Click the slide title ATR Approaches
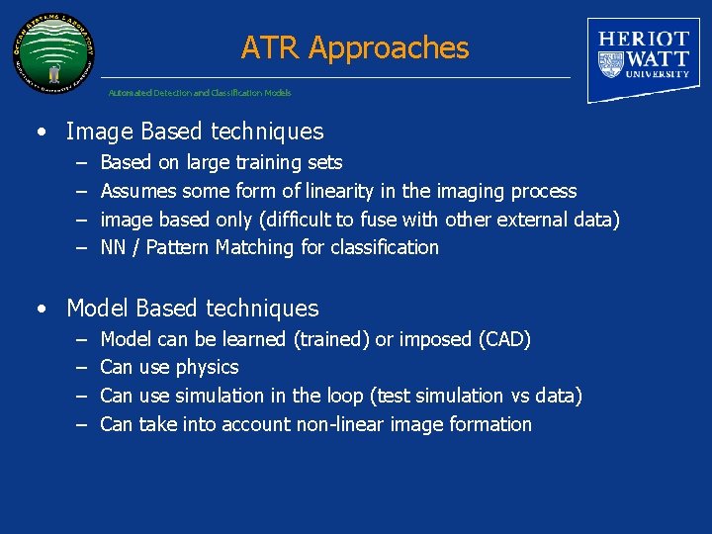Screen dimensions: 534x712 tap(355, 47)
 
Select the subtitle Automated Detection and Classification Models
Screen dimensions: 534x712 tap(200, 93)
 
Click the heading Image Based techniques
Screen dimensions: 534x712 tap(195, 132)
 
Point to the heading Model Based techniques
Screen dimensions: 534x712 tap(192, 309)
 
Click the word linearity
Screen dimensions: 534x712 tap(340, 191)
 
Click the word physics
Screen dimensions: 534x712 tap(208, 368)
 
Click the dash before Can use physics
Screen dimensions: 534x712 tap(79, 368)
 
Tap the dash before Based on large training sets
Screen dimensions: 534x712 tap(79, 162)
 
